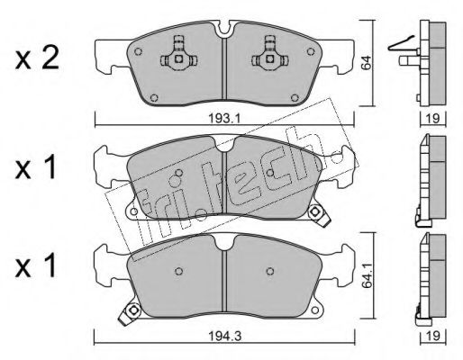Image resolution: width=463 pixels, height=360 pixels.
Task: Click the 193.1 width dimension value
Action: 224,119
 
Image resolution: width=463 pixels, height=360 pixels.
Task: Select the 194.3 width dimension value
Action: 225,336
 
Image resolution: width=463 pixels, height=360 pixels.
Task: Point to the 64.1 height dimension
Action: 367,276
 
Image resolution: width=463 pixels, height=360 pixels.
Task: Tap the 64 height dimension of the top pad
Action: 367,63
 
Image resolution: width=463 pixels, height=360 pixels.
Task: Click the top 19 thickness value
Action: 432,119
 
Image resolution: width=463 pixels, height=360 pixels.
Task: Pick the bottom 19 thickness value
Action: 432,336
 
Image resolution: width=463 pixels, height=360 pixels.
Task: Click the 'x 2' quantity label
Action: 37,59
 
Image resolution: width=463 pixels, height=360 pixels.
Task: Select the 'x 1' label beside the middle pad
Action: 35,168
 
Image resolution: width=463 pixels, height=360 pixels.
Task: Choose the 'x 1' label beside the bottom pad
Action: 35,265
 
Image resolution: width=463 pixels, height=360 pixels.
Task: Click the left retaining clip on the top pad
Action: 178,54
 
